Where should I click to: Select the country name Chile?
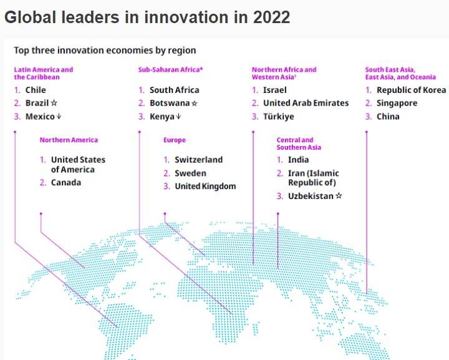[x=36, y=90]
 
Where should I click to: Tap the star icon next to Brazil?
[x=54, y=103]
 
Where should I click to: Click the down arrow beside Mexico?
[x=59, y=116]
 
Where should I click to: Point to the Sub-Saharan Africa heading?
[x=170, y=70]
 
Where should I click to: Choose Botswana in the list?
[x=170, y=103]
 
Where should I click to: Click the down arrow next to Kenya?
[x=178, y=116]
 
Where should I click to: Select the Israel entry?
[x=274, y=90]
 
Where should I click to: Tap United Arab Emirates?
[x=306, y=103]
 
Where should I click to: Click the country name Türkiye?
[x=278, y=117]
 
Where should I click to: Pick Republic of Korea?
[x=411, y=90]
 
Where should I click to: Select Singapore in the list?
[x=397, y=103]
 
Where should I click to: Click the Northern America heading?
[x=69, y=140]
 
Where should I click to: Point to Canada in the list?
[x=66, y=182]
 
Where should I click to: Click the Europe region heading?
[x=175, y=140]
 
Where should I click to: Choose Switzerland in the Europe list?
[x=198, y=160]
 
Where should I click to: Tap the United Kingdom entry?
[x=205, y=186]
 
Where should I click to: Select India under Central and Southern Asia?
[x=298, y=160]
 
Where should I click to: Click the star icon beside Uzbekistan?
[x=339, y=196]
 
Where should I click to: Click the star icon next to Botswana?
[x=194, y=103]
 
